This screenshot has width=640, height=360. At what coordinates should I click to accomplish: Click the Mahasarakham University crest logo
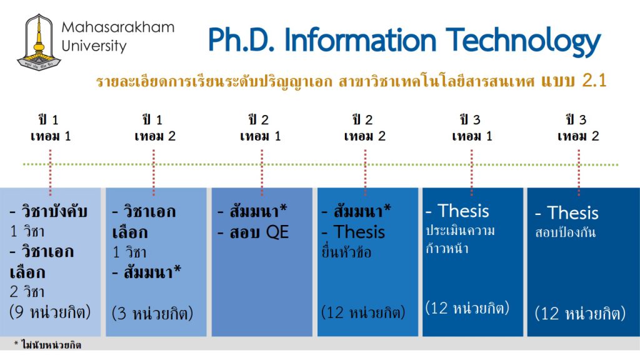[39, 42]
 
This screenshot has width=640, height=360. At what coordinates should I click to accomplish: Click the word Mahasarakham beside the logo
[118, 27]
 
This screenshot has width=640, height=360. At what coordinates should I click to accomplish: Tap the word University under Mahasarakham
[94, 46]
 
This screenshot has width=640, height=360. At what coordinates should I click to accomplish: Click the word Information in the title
[361, 40]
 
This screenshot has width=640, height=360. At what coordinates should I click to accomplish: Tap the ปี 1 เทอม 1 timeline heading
[50, 127]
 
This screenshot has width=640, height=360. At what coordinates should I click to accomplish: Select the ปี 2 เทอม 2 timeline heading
[364, 127]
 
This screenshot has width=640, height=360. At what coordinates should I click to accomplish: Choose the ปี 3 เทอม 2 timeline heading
[578, 127]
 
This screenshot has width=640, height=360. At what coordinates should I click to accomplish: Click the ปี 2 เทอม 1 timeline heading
[261, 127]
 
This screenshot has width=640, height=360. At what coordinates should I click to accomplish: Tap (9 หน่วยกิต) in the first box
[50, 312]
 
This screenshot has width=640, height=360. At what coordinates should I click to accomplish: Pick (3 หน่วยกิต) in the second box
[152, 313]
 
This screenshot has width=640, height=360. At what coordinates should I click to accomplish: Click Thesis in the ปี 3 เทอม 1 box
[463, 211]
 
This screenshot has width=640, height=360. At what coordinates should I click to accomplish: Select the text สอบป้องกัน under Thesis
[565, 232]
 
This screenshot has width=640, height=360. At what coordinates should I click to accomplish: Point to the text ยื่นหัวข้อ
[346, 252]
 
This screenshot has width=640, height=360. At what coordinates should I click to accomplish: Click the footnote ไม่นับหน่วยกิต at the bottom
[51, 345]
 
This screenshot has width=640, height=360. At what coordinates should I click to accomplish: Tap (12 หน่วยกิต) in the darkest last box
[580, 313]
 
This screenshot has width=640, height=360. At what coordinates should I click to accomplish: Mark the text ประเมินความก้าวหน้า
[460, 239]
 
